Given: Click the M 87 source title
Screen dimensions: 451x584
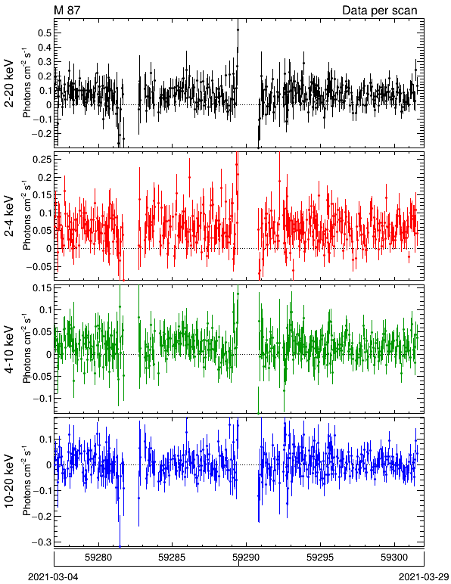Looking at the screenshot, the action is [x=67, y=10].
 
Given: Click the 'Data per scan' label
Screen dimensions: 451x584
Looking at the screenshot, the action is [x=380, y=11].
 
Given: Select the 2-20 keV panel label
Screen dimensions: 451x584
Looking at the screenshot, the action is [x=9, y=83].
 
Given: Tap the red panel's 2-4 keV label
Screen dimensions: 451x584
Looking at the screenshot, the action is [x=9, y=216].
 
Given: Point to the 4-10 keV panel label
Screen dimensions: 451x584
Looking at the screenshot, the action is [x=9, y=349].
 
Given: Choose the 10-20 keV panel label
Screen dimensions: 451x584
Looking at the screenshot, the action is [x=9, y=481].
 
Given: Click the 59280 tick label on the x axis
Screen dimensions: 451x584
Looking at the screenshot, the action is [x=98, y=558].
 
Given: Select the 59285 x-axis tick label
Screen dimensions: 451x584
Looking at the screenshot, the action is [x=172, y=558].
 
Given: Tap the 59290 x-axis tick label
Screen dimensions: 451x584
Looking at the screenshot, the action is [x=246, y=558].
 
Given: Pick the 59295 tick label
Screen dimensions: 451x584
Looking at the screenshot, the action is [x=320, y=558].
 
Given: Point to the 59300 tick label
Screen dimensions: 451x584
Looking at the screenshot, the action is [x=394, y=558].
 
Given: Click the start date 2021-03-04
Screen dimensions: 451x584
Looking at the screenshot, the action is [x=53, y=577].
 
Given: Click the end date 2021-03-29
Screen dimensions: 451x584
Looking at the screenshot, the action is [x=424, y=577].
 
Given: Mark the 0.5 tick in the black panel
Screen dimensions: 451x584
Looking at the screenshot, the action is [x=45, y=33].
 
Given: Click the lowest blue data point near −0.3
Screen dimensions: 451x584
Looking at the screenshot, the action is [x=120, y=546].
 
